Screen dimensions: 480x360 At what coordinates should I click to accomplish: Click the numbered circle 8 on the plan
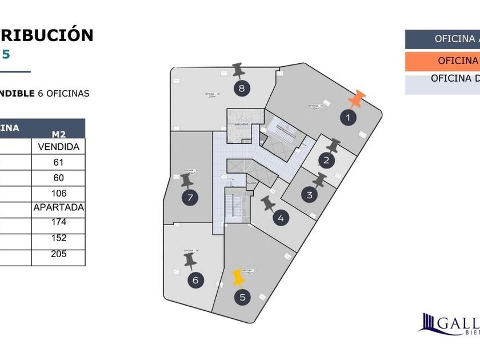click(242, 88)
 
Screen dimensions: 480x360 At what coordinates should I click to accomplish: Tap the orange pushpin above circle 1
click(358, 99)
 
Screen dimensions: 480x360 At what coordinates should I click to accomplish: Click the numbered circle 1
click(346, 118)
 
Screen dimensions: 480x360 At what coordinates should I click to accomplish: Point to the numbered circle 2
click(326, 161)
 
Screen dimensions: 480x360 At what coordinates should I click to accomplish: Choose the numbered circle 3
click(309, 195)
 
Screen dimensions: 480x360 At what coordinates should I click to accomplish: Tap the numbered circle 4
click(280, 217)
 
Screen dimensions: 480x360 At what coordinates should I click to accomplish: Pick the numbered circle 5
click(243, 297)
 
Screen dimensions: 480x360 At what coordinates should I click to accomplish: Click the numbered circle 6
click(195, 280)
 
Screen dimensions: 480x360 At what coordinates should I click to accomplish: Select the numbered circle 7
click(191, 198)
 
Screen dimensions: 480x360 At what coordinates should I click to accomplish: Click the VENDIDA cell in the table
click(58, 147)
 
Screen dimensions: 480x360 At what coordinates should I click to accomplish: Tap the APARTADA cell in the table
click(58, 207)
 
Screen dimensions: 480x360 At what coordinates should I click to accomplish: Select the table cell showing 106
click(58, 193)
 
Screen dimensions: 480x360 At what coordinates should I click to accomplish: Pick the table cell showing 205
click(58, 254)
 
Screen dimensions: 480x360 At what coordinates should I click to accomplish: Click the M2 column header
click(58, 134)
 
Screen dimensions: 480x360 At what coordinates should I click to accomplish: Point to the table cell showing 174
click(58, 222)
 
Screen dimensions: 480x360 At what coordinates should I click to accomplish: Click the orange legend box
click(442, 61)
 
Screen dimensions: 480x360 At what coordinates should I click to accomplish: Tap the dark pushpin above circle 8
click(239, 71)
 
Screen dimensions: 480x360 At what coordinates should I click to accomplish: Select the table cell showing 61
click(58, 162)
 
